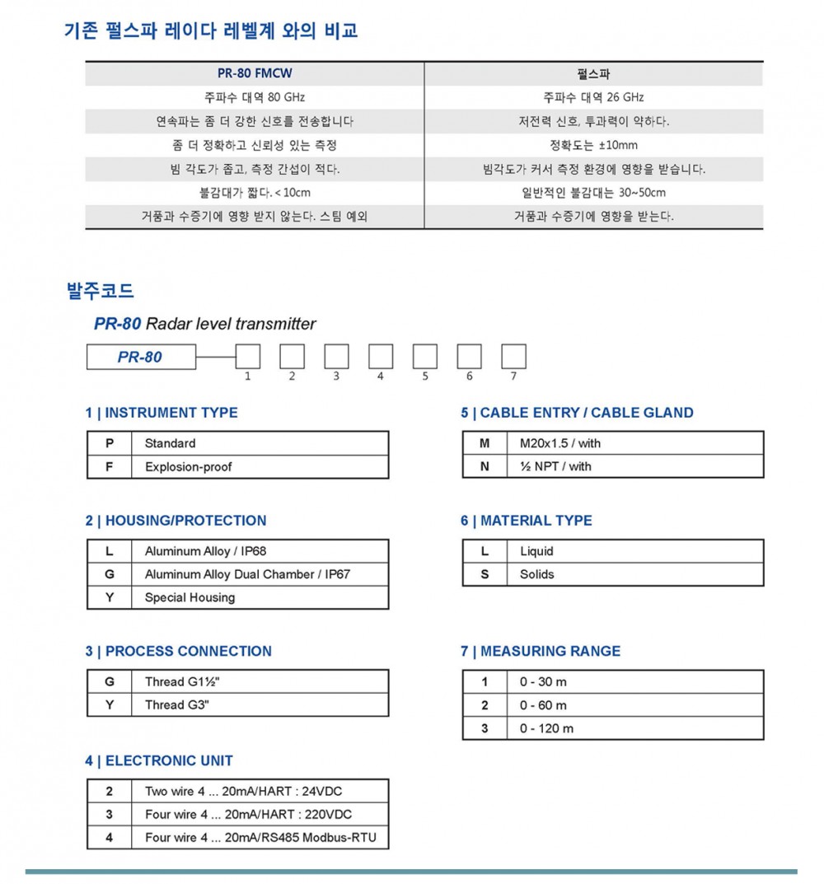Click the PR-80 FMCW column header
[254, 73]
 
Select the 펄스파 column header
[593, 73]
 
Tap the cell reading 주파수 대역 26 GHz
[593, 97]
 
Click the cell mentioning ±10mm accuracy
[593, 145]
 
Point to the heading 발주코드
[100, 291]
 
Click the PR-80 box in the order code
[141, 357]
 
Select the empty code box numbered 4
[381, 357]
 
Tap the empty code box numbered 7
[513, 357]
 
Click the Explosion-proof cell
[189, 467]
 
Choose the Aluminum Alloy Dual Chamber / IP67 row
[247, 574]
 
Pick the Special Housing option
[190, 597]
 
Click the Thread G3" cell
[177, 705]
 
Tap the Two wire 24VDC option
[243, 792]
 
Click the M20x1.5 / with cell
[560, 443]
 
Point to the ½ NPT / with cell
[555, 466]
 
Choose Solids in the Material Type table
[537, 574]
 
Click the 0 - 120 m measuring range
[546, 728]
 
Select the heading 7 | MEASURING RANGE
[541, 651]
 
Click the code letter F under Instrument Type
[110, 467]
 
